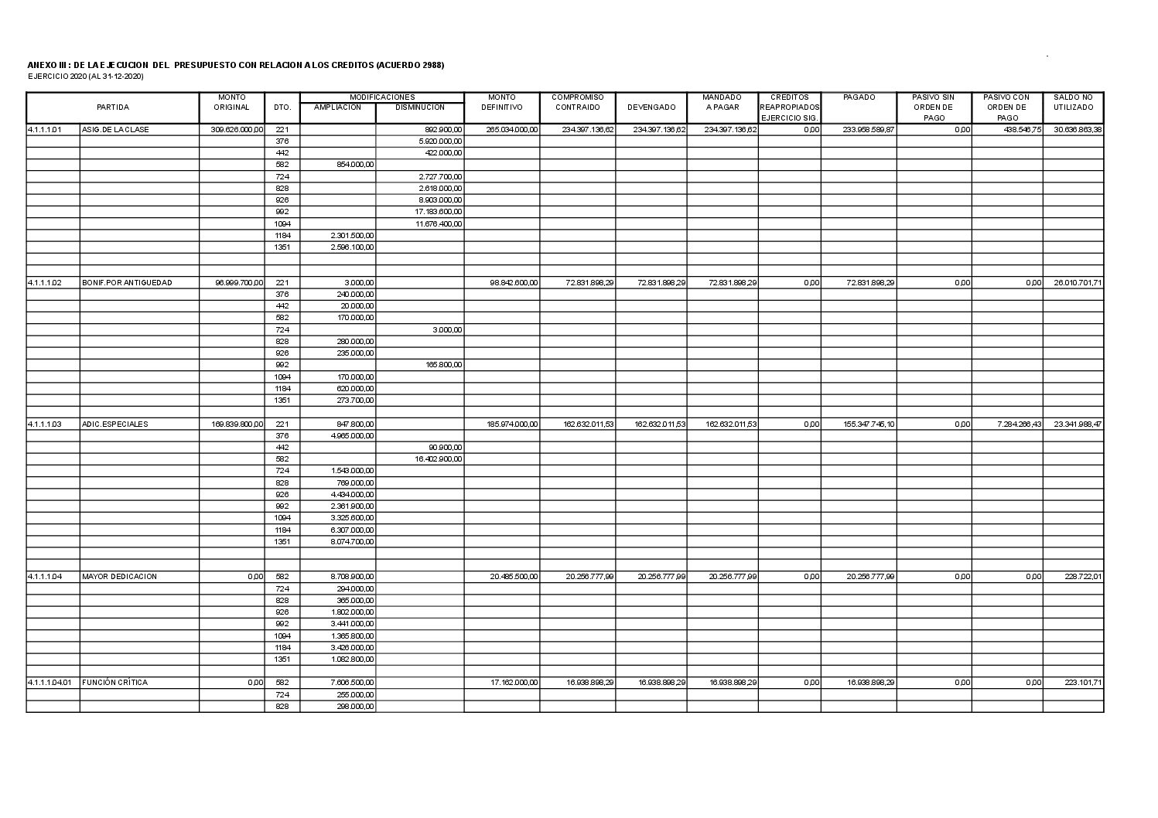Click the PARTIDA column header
(x=113, y=107)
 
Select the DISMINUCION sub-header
(x=419, y=107)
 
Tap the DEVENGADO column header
(x=651, y=107)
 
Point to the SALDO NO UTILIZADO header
(x=1073, y=102)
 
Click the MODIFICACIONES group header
(x=382, y=97)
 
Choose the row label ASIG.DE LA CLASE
(x=116, y=130)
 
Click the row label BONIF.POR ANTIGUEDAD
(x=128, y=283)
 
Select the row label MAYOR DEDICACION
(x=120, y=577)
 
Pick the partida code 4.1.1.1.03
(x=44, y=424)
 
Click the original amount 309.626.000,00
(x=237, y=130)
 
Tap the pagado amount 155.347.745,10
(x=869, y=424)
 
